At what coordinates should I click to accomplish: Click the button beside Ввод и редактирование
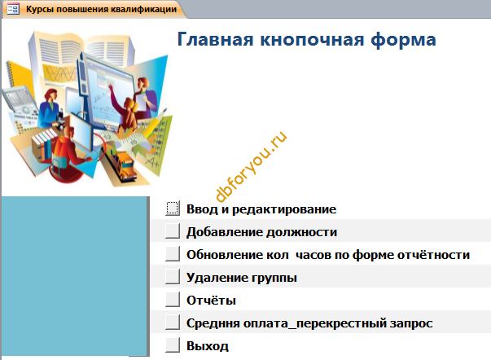[173, 209]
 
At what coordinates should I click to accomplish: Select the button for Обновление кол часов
[173, 254]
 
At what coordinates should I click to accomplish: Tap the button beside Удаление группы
[173, 277]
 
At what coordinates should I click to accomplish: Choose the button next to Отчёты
[173, 300]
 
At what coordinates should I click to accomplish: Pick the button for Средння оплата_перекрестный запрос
[173, 323]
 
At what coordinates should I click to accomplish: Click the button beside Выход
[173, 345]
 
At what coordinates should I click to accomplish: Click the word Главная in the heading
[215, 39]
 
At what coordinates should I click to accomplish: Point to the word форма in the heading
[404, 40]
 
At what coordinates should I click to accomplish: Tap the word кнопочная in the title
[312, 40]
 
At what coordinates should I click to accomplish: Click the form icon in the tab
[13, 9]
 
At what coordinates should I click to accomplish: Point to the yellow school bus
[121, 164]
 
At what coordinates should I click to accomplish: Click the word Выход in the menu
[208, 346]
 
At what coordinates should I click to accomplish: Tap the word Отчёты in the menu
[212, 301]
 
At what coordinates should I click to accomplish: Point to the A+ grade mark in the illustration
[152, 162]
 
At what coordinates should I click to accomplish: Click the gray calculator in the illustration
[20, 101]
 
